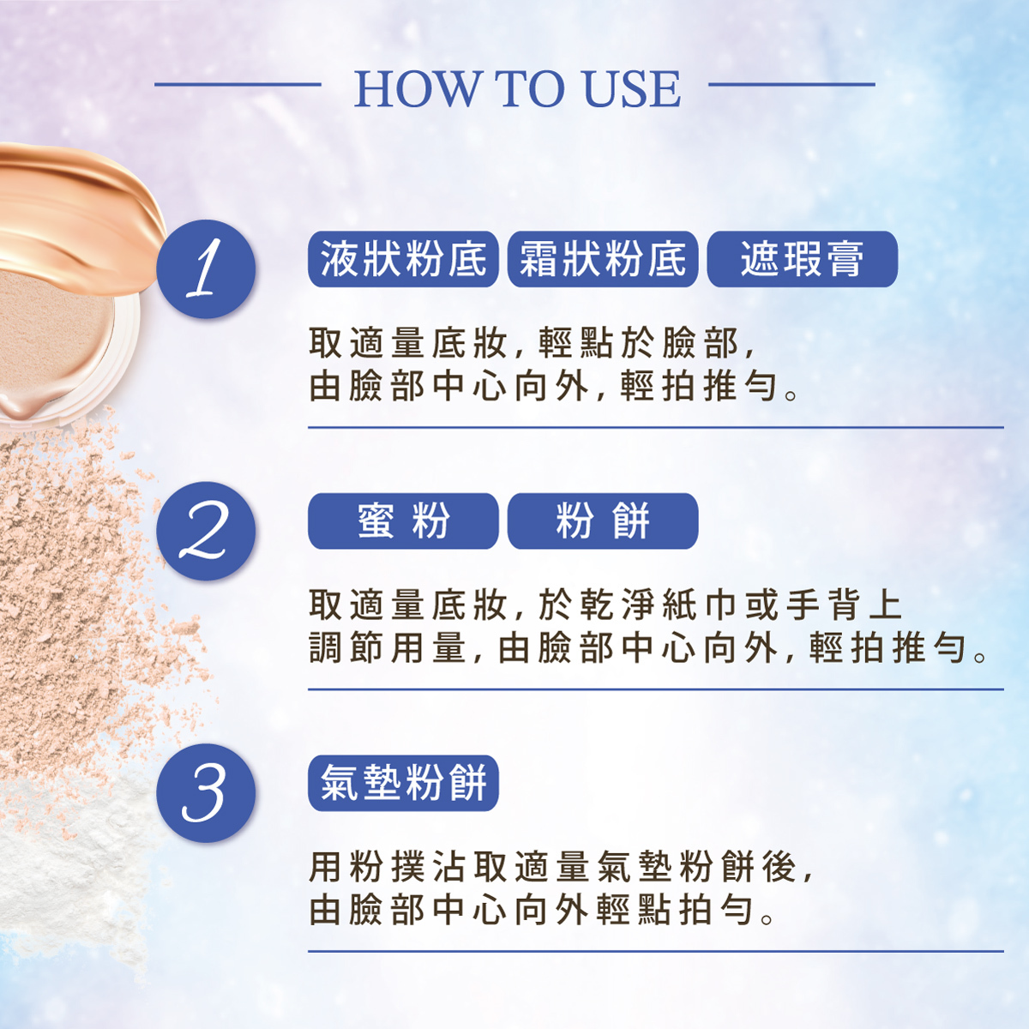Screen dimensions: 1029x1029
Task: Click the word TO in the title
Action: (x=529, y=88)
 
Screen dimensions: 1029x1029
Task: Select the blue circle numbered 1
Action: (x=206, y=268)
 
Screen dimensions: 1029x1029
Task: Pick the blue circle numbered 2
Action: (x=206, y=531)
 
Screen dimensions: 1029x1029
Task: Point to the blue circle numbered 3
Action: (x=206, y=793)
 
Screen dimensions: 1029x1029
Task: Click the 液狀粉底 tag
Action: (x=403, y=259)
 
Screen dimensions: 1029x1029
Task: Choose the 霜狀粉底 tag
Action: (x=603, y=259)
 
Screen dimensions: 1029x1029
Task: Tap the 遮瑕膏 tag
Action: (x=803, y=259)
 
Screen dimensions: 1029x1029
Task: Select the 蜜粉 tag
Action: (x=403, y=521)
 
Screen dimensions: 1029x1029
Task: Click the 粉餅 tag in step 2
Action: (x=603, y=521)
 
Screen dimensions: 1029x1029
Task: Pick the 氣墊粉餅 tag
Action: (x=403, y=784)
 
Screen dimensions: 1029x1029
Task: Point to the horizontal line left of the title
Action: (x=238, y=84)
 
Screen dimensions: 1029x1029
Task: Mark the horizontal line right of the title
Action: (x=792, y=84)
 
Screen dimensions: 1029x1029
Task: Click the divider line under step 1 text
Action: (x=656, y=427)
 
